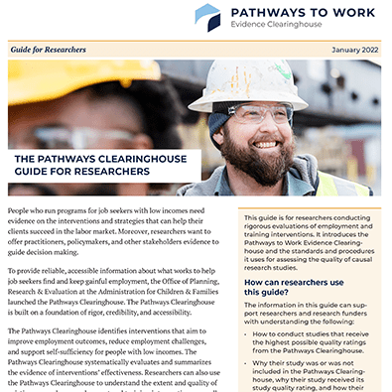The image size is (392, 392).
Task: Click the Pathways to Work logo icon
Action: point(207,17)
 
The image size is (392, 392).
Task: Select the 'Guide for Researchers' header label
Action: point(48,47)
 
